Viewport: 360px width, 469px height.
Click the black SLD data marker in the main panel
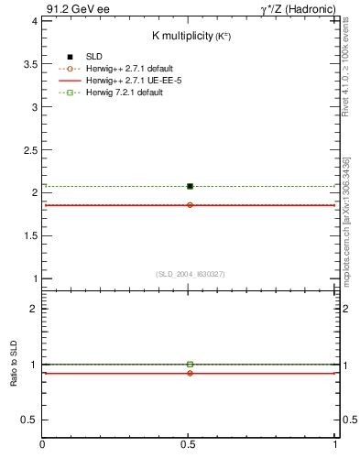(x=190, y=186)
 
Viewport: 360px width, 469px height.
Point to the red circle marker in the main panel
(x=190, y=205)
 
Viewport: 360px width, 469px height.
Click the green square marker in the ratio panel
(x=190, y=365)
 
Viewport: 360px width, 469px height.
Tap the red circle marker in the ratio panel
(x=190, y=373)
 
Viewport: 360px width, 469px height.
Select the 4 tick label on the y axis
(x=34, y=20)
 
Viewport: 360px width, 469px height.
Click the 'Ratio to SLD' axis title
(x=14, y=364)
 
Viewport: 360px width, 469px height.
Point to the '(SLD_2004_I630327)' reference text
(x=190, y=274)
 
